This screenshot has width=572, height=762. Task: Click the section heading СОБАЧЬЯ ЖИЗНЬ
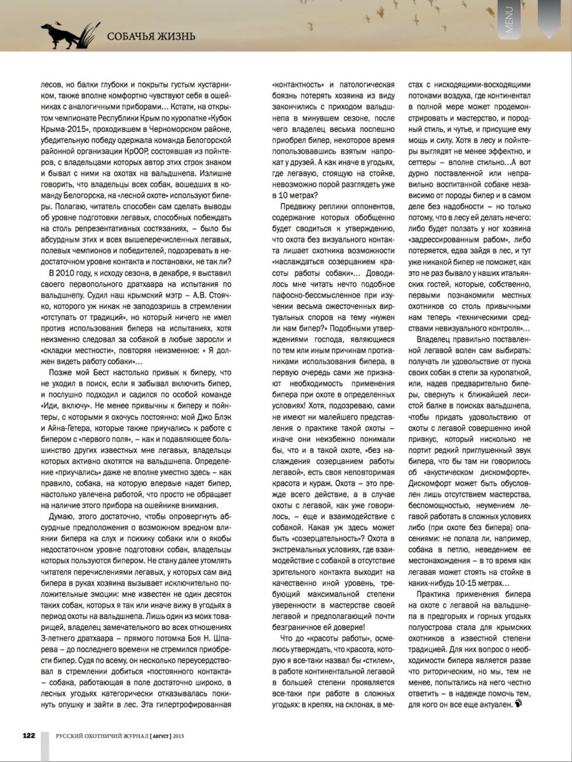coord(151,36)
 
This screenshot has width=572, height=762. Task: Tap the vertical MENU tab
coord(509,20)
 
